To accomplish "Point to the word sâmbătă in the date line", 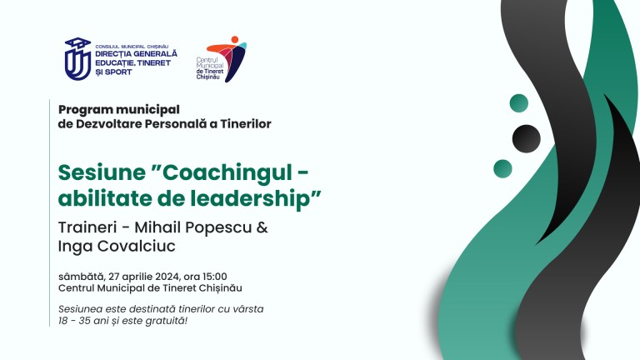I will pyautogui.click(x=81, y=277).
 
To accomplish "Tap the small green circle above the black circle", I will pyautogui.click(x=519, y=102).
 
